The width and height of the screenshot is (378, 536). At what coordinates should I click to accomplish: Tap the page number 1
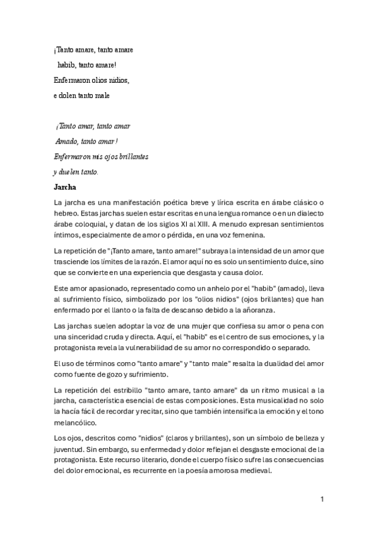[322, 499]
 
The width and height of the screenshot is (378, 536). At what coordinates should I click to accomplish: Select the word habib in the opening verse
[68, 64]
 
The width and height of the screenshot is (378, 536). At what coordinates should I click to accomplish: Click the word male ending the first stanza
[102, 95]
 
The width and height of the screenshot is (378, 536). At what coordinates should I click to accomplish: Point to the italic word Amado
[66, 141]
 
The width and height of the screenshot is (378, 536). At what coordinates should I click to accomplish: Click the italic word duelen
[70, 172]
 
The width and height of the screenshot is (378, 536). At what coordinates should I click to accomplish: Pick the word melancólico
[76, 423]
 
